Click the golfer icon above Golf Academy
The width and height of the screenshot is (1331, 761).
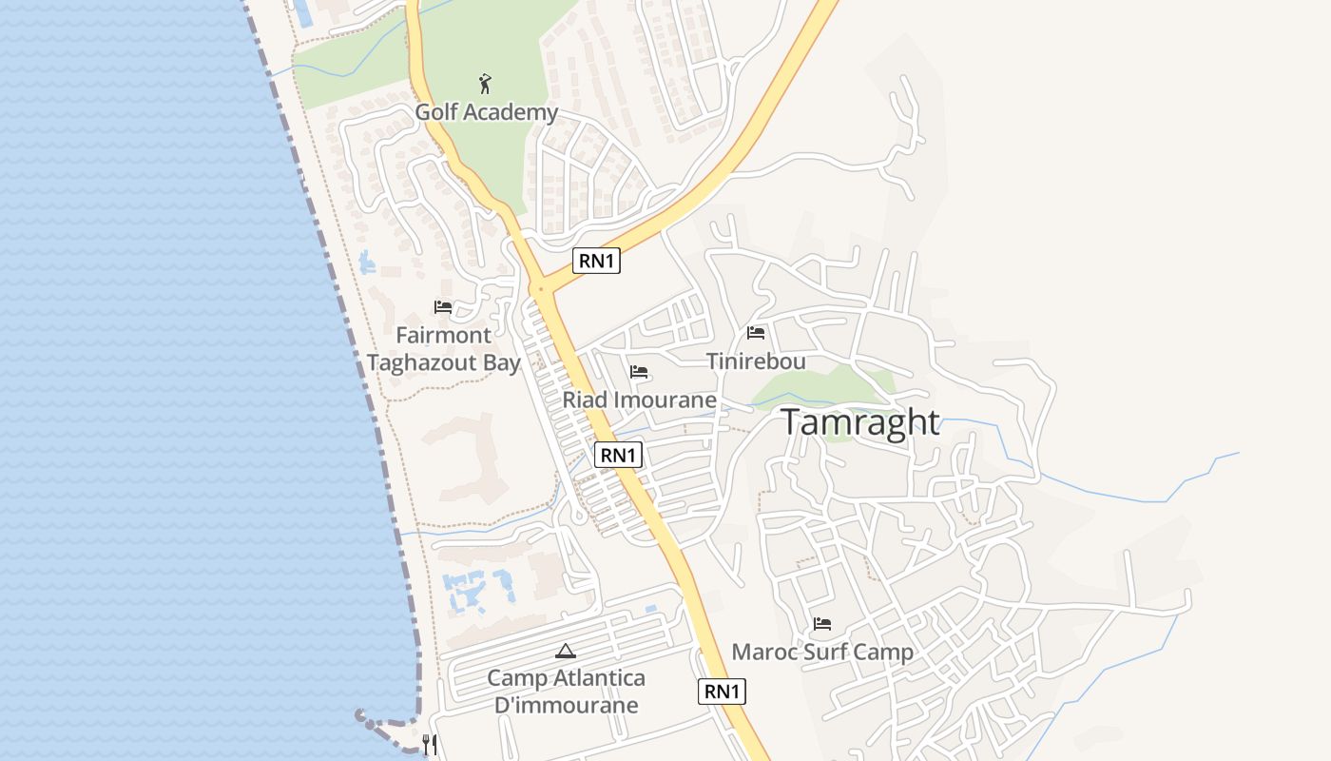pyautogui.click(x=486, y=84)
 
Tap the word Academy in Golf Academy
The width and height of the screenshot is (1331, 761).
pyautogui.click(x=511, y=112)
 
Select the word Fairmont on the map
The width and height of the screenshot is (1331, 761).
pyautogui.click(x=443, y=336)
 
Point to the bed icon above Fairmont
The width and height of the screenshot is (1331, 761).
pyautogui.click(x=443, y=307)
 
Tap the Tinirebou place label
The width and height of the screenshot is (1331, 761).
pyautogui.click(x=756, y=361)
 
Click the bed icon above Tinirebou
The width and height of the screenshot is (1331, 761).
pyautogui.click(x=756, y=333)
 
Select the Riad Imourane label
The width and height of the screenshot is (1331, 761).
pyautogui.click(x=639, y=400)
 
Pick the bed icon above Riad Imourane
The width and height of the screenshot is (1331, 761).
pyautogui.click(x=639, y=371)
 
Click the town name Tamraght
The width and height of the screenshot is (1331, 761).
pyautogui.click(x=860, y=422)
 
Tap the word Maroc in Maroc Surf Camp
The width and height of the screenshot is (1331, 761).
pyautogui.click(x=762, y=653)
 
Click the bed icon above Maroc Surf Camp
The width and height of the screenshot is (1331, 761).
pyautogui.click(x=822, y=624)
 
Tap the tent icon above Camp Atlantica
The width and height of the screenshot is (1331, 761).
pyautogui.click(x=566, y=652)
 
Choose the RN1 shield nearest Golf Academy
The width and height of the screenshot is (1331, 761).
pyautogui.click(x=596, y=261)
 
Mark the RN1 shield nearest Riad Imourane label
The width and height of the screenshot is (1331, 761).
pyautogui.click(x=618, y=455)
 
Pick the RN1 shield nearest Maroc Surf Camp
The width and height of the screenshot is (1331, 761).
pyautogui.click(x=722, y=692)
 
